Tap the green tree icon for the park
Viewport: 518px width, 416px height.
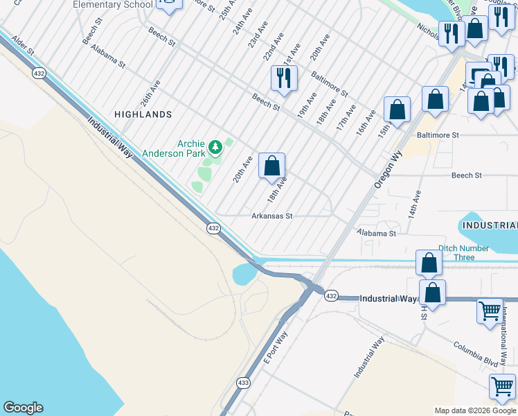[216, 146]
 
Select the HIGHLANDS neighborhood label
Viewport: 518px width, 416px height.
[143, 114]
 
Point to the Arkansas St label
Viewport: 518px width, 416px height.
[272, 216]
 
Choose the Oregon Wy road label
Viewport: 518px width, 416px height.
[388, 171]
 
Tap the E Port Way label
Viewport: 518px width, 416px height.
[276, 347]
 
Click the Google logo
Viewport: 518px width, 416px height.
[23, 408]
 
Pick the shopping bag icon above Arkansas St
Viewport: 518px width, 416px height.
[272, 166]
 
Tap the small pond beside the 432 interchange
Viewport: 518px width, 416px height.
[244, 274]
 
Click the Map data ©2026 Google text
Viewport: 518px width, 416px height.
[475, 410]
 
